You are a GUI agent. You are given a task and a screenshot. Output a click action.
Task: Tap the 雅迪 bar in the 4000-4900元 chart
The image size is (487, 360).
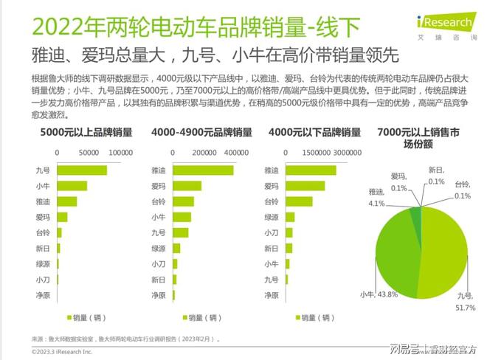203,170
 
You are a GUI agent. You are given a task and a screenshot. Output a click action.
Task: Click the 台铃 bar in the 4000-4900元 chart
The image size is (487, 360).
183,201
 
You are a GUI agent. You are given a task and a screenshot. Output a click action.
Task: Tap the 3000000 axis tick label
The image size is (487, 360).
347,152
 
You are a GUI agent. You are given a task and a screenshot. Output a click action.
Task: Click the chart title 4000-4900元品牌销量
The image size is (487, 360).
201,133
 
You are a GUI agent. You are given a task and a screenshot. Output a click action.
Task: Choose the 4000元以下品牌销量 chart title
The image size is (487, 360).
314,133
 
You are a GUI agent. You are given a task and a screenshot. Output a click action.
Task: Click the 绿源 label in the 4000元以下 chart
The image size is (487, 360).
270,218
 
